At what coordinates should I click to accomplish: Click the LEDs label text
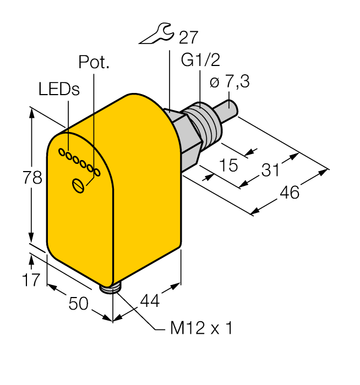59,90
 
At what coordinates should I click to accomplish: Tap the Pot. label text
94,62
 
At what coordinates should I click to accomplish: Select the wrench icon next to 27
156,36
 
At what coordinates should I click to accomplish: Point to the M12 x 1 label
201,329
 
